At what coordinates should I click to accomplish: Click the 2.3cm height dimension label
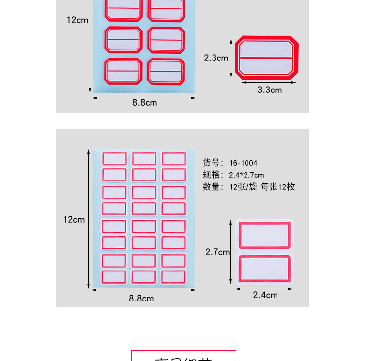click(x=216, y=58)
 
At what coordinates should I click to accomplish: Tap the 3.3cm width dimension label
click(x=270, y=90)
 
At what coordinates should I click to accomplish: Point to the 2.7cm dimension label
click(x=217, y=252)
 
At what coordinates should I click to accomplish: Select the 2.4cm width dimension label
click(x=265, y=295)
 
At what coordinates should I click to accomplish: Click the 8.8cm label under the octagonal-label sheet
click(x=145, y=103)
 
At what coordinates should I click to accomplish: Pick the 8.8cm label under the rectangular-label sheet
click(x=142, y=298)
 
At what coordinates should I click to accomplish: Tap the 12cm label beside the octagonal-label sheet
click(x=78, y=20)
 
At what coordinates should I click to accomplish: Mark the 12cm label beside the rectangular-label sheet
click(x=74, y=220)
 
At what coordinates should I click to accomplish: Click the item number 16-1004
click(x=243, y=163)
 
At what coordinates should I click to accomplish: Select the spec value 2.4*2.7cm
click(x=246, y=175)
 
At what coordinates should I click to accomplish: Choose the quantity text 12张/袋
click(x=243, y=187)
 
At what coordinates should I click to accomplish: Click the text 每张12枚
click(x=278, y=187)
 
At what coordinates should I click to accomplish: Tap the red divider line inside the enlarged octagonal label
click(x=267, y=58)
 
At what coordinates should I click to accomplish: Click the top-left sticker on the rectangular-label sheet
click(x=115, y=158)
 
